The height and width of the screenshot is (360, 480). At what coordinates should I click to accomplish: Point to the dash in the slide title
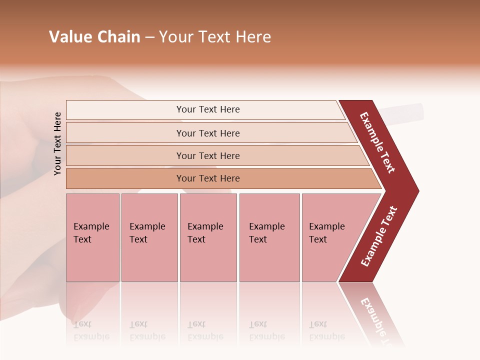(x=149, y=37)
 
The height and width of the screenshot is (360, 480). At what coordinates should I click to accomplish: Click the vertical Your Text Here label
(x=57, y=143)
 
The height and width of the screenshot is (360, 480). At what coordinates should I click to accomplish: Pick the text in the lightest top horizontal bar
(x=208, y=109)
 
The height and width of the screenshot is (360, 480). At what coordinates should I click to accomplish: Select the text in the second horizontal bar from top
(x=208, y=133)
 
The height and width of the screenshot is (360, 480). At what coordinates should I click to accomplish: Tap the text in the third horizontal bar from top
(x=208, y=156)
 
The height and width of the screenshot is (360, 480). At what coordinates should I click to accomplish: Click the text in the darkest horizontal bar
(x=208, y=178)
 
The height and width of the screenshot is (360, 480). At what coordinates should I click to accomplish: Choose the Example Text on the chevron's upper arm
(x=377, y=142)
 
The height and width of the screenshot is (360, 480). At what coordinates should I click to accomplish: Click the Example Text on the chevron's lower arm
(x=379, y=236)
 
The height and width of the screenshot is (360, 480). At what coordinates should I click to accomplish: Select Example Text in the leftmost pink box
(x=91, y=232)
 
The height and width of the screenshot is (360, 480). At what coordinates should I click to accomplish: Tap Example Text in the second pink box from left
(x=147, y=232)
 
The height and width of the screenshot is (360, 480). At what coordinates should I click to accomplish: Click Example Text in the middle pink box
(x=205, y=232)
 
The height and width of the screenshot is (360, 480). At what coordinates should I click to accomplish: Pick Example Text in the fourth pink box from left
(x=266, y=232)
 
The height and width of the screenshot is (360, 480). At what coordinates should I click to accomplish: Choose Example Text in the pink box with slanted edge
(x=326, y=232)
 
